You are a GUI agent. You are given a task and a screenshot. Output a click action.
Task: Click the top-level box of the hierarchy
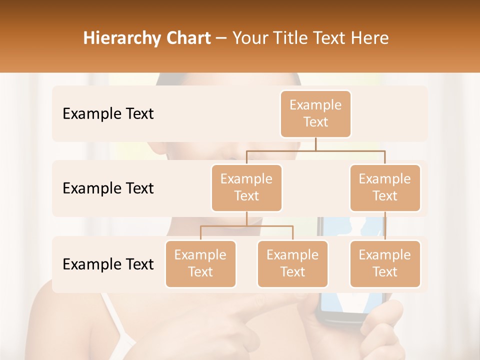click(x=315, y=114)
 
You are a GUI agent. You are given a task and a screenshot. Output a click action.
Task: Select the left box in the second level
click(x=246, y=188)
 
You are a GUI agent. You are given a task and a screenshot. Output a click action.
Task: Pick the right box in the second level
click(x=385, y=188)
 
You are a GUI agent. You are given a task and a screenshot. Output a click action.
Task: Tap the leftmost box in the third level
click(x=200, y=264)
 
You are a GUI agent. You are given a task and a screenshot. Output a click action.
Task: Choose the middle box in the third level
click(x=292, y=264)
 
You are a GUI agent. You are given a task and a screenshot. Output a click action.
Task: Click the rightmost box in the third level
click(x=385, y=264)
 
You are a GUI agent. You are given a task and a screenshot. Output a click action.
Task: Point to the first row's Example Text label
click(x=108, y=114)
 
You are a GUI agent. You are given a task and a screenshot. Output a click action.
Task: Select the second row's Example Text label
click(x=108, y=188)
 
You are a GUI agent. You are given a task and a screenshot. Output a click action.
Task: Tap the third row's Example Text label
click(x=108, y=264)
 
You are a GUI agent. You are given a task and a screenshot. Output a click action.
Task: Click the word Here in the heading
click(x=370, y=38)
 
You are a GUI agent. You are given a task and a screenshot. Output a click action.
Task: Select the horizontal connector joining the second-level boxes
click(x=315, y=150)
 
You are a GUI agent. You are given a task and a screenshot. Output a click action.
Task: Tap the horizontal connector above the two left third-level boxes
click(x=246, y=226)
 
